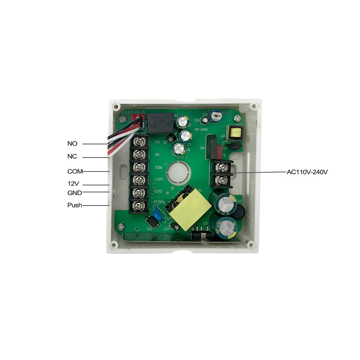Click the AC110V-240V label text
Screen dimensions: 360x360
[307, 172]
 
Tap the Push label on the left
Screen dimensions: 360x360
[74, 205]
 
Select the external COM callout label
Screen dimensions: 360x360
[75, 171]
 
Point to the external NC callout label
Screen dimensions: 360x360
[72, 157]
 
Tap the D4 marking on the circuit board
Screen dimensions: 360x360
[202, 147]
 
